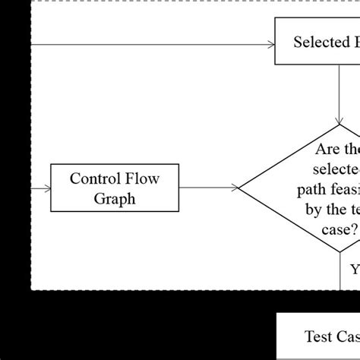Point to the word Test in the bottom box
point(319,336)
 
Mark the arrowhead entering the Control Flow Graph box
point(47,188)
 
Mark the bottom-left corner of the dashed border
point(32,289)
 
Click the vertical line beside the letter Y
point(339,270)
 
